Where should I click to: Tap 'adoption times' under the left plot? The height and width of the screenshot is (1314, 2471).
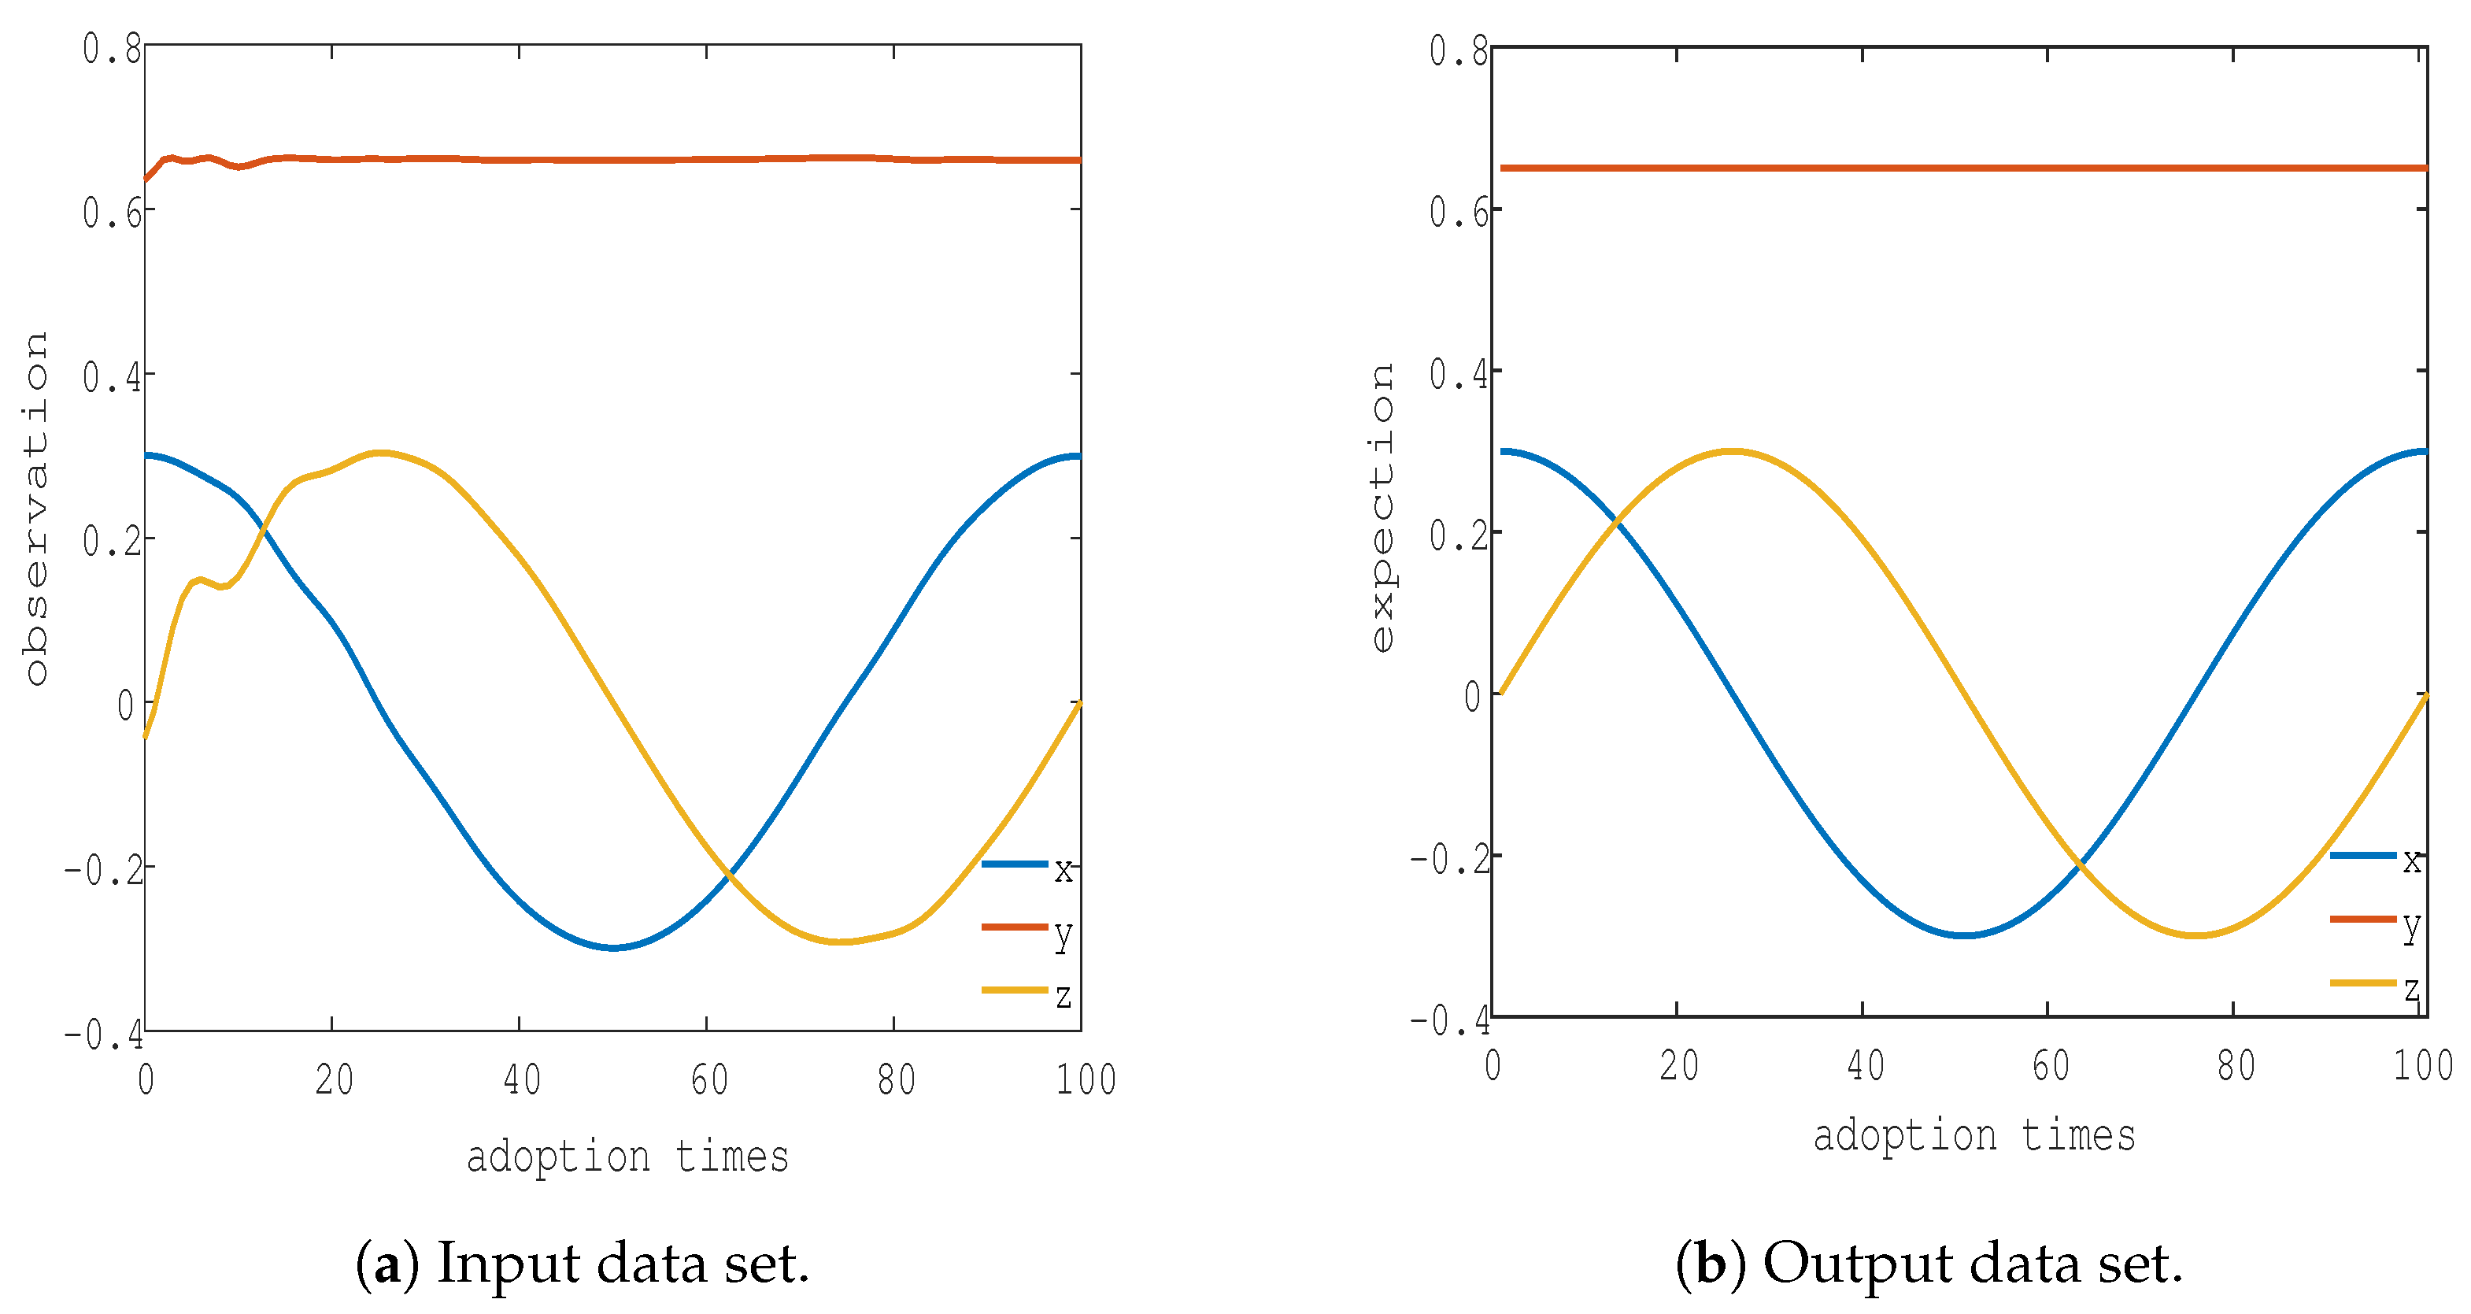[627, 1157]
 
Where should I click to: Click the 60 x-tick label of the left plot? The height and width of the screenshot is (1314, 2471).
[710, 1081]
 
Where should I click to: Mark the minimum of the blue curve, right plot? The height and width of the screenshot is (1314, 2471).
[1965, 935]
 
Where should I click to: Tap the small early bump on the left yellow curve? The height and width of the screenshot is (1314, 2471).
[199, 579]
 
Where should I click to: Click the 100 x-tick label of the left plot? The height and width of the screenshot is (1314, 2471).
[1086, 1081]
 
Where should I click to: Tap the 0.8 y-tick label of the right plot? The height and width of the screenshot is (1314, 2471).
[1458, 51]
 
